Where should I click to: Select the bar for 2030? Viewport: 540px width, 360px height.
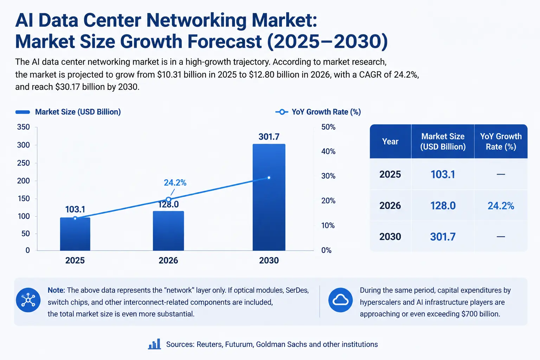pos(269,197)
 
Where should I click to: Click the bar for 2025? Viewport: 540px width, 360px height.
pos(75,234)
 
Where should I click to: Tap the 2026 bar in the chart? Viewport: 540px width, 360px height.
pos(168,231)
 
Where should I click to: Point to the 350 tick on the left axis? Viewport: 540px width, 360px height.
pos(24,127)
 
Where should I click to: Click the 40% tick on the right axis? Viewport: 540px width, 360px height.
pos(328,152)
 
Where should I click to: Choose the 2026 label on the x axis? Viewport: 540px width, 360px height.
pos(168,261)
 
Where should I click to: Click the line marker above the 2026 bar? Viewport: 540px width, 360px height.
pos(168,199)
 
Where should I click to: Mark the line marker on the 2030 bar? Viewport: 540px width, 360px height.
pos(269,178)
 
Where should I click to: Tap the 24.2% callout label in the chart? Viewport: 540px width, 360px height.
pos(175,183)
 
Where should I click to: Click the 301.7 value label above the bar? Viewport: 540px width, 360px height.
pos(269,137)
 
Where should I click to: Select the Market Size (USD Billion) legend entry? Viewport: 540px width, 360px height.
pos(68,112)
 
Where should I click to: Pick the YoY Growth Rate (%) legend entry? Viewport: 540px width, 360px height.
pos(318,112)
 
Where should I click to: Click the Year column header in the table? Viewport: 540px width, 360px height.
pos(390,141)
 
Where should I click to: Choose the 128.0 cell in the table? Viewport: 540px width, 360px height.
pos(443,206)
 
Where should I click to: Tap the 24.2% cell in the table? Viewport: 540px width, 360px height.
pos(501,206)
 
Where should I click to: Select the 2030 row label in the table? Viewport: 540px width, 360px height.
pos(390,237)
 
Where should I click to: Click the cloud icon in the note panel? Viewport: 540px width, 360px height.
pos(340,300)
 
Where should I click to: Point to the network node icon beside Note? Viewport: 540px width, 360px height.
pos(28,300)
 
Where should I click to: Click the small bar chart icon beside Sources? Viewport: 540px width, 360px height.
pos(155,344)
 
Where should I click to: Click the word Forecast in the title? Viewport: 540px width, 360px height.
pos(224,41)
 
